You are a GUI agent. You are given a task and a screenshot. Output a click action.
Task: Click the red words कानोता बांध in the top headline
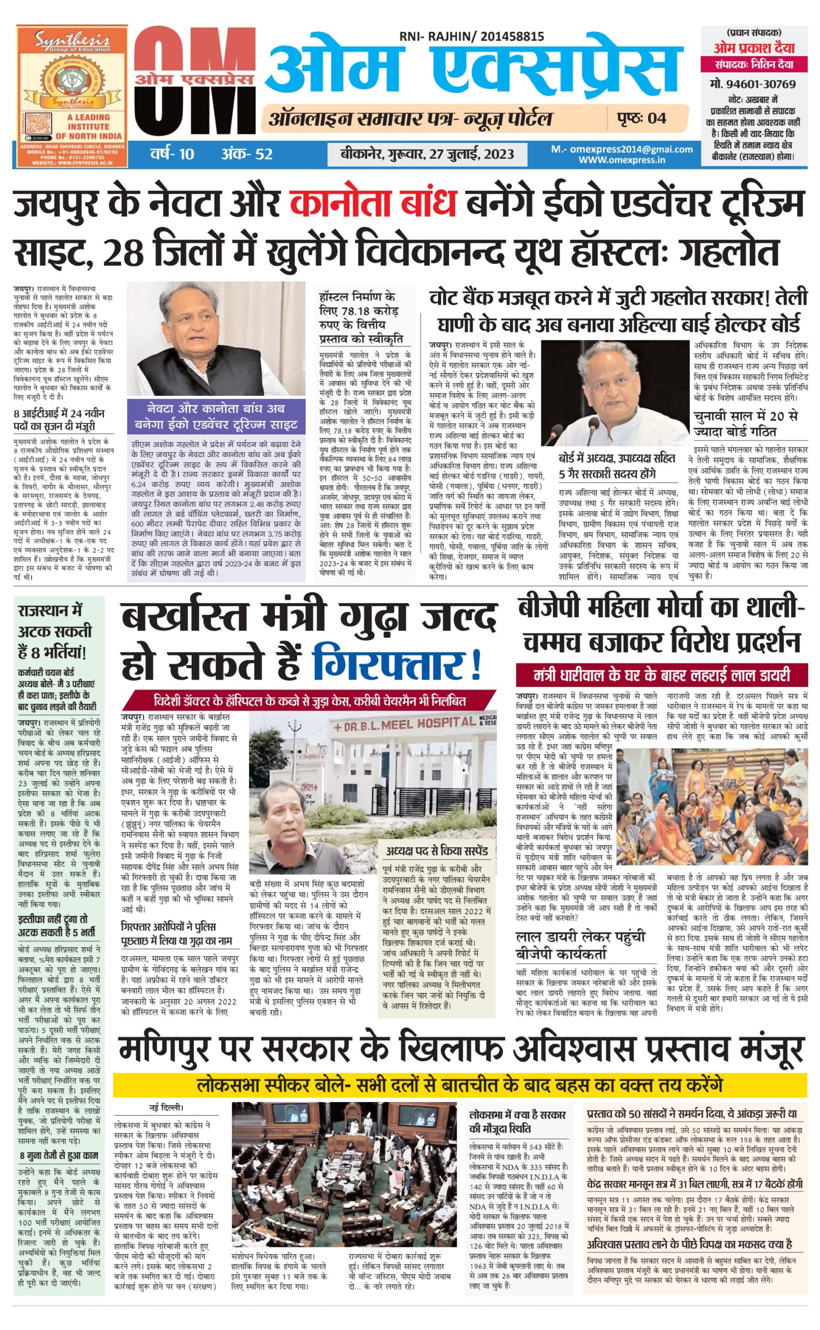(373, 204)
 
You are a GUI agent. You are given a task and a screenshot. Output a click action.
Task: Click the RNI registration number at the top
(471, 37)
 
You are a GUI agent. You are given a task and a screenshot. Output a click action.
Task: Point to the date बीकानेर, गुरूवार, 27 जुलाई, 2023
(427, 154)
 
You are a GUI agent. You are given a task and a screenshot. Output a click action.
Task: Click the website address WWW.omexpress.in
(621, 159)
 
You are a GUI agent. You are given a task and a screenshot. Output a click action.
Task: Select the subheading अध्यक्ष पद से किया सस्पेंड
(436, 850)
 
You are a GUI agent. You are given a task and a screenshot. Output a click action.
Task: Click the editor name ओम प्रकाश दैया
(754, 48)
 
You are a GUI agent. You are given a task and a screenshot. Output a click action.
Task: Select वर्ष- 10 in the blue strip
(172, 154)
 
